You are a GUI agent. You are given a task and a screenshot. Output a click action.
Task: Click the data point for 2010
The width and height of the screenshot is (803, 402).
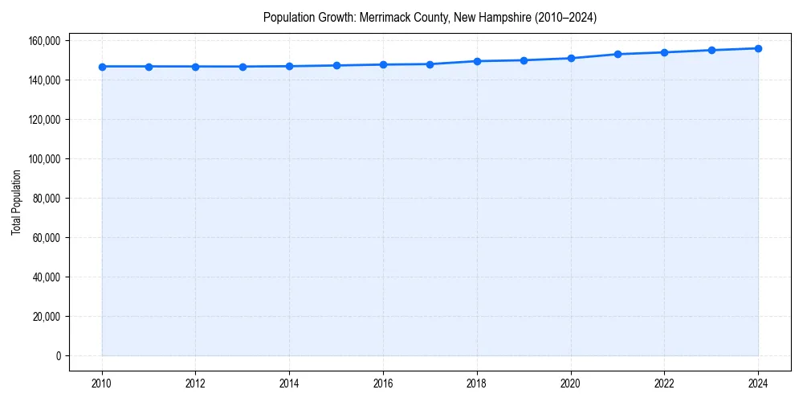click(x=102, y=67)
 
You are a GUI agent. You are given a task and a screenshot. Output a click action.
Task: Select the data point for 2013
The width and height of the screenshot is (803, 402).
click(x=243, y=67)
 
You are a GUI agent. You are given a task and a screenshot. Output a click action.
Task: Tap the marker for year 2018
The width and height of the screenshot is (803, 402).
click(x=477, y=61)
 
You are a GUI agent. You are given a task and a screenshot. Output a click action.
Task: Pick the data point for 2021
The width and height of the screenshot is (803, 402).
click(x=618, y=54)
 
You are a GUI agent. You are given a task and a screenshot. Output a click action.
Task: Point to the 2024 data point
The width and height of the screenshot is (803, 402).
click(x=758, y=48)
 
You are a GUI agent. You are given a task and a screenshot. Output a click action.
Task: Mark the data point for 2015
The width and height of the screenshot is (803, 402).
click(x=336, y=65)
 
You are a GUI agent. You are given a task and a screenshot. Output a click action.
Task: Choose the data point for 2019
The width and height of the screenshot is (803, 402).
click(x=524, y=60)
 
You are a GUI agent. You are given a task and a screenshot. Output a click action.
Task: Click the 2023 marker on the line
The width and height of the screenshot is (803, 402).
click(x=711, y=50)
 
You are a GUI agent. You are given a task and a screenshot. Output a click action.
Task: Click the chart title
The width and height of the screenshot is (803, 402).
click(x=430, y=17)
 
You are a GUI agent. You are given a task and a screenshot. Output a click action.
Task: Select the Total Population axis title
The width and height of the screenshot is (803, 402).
click(x=16, y=202)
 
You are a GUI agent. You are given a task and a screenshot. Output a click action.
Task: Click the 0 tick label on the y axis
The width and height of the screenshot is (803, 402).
click(x=58, y=356)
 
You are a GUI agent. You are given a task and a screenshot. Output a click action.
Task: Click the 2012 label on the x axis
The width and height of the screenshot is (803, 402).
click(x=196, y=384)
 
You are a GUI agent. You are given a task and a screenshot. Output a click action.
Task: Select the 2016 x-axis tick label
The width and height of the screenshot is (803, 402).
click(x=383, y=384)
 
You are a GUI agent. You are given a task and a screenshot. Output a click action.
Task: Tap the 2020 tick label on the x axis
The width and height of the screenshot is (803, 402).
click(x=571, y=384)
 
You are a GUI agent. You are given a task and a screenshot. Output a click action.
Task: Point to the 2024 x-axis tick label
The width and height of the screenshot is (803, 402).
click(x=758, y=384)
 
